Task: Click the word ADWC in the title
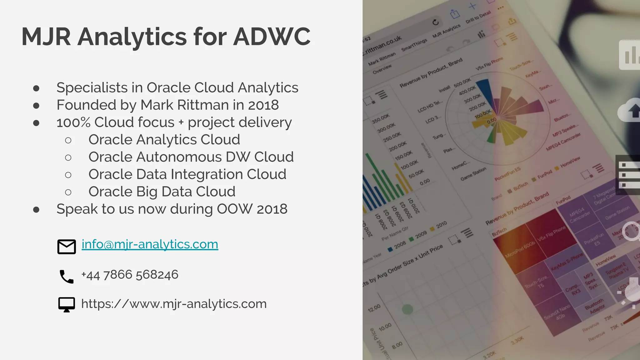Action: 272,37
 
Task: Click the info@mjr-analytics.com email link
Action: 150,244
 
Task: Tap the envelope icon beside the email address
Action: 67,247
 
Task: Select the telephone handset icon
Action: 66,277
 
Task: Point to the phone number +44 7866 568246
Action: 130,275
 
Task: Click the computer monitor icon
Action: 67,304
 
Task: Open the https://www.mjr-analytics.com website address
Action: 174,304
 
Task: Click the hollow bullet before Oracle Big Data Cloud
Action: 68,192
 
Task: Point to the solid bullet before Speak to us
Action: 36,209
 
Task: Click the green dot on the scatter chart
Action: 407,309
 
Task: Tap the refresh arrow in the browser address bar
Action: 436,22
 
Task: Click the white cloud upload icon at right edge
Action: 629,110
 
